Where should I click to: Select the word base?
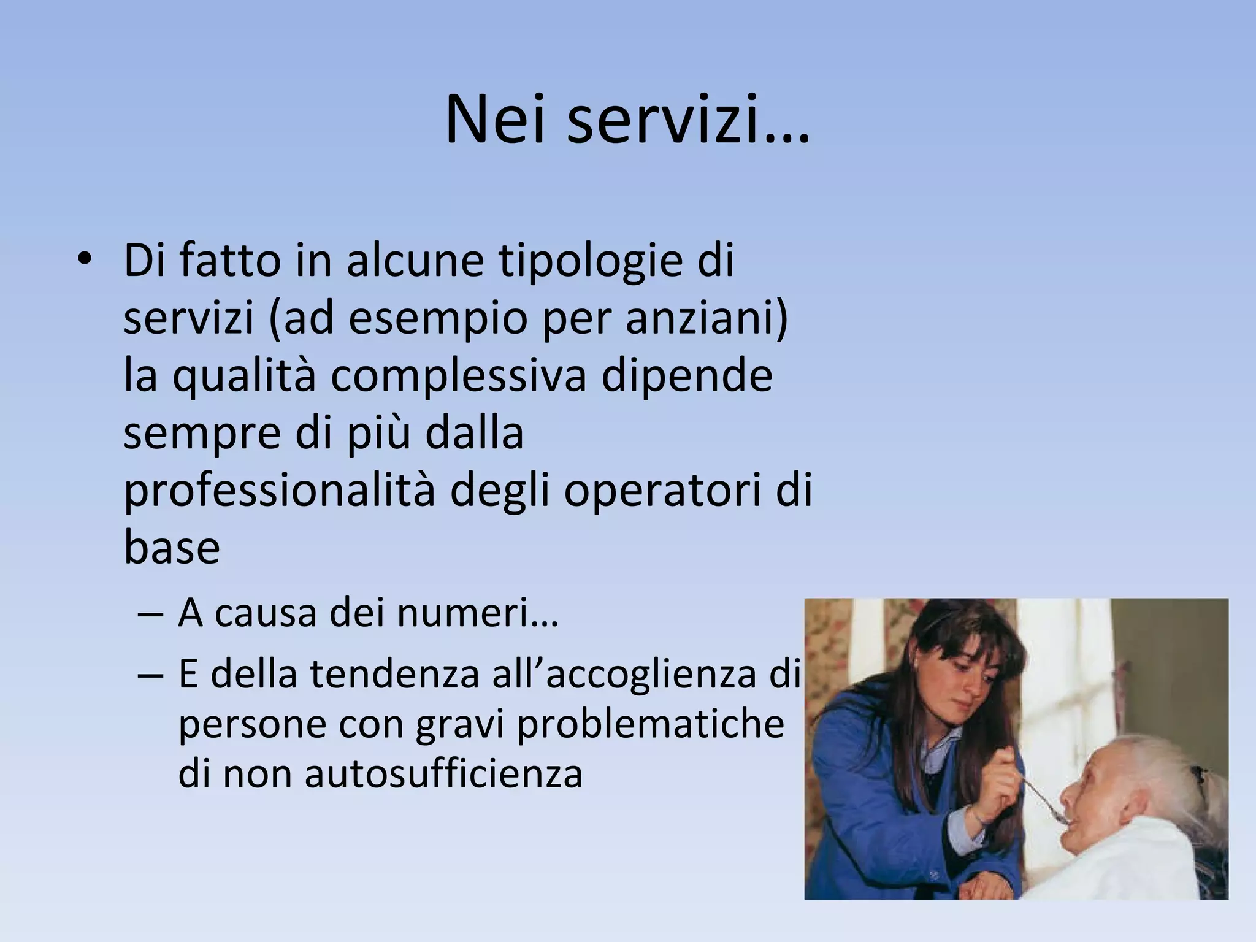(172, 548)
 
